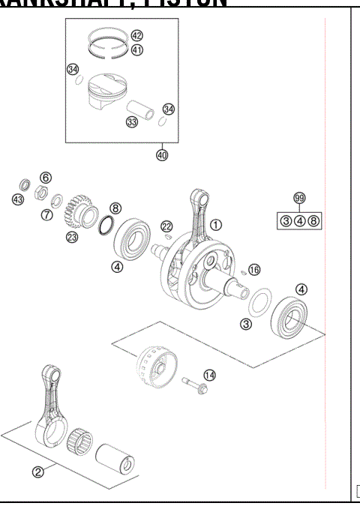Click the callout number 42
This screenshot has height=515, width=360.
coord(136,36)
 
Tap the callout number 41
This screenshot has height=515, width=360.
coord(136,50)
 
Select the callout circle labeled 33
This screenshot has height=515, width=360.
coord(132,121)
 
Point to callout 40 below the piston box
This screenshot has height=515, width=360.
coord(162,155)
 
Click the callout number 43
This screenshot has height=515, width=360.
coord(18,198)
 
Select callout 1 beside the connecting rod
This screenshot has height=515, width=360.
coord(216,224)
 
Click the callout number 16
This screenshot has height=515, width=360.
coord(254,269)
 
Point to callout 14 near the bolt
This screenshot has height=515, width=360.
coord(209,375)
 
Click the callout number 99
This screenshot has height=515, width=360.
coord(299,198)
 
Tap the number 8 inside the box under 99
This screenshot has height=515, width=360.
coord(313,220)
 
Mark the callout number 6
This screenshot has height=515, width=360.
coord(46,178)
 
